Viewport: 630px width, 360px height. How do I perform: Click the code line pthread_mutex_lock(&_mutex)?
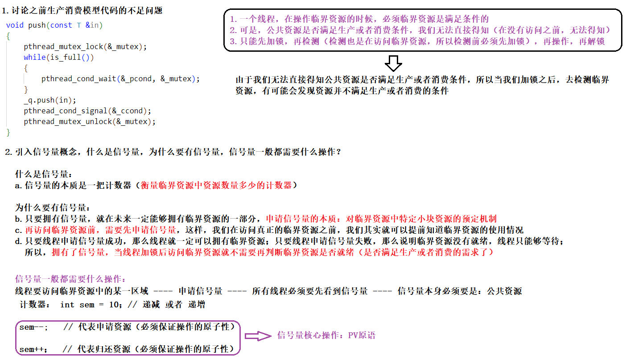tap(85, 46)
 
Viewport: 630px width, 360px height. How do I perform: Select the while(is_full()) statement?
tap(59, 57)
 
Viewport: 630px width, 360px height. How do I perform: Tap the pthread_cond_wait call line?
tap(120, 79)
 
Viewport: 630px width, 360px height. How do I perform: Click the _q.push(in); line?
tap(50, 100)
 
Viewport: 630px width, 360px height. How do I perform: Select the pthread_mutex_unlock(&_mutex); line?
tap(90, 121)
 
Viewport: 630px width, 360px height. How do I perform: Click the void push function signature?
tap(54, 25)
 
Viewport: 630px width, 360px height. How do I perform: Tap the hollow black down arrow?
tap(393, 63)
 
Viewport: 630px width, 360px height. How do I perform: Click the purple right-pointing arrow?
tap(258, 336)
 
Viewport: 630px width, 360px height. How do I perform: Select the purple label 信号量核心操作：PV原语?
tap(326, 335)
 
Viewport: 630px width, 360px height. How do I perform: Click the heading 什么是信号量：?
tap(44, 174)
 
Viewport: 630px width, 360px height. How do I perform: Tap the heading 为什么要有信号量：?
tap(53, 208)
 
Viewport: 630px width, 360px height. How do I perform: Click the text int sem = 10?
tap(91, 305)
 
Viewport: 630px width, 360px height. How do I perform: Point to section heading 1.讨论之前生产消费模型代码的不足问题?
tap(83, 10)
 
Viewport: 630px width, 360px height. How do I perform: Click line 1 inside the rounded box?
tap(359, 19)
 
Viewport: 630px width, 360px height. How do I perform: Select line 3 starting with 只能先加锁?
tap(417, 41)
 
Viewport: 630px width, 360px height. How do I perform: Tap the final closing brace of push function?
tap(8, 132)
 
